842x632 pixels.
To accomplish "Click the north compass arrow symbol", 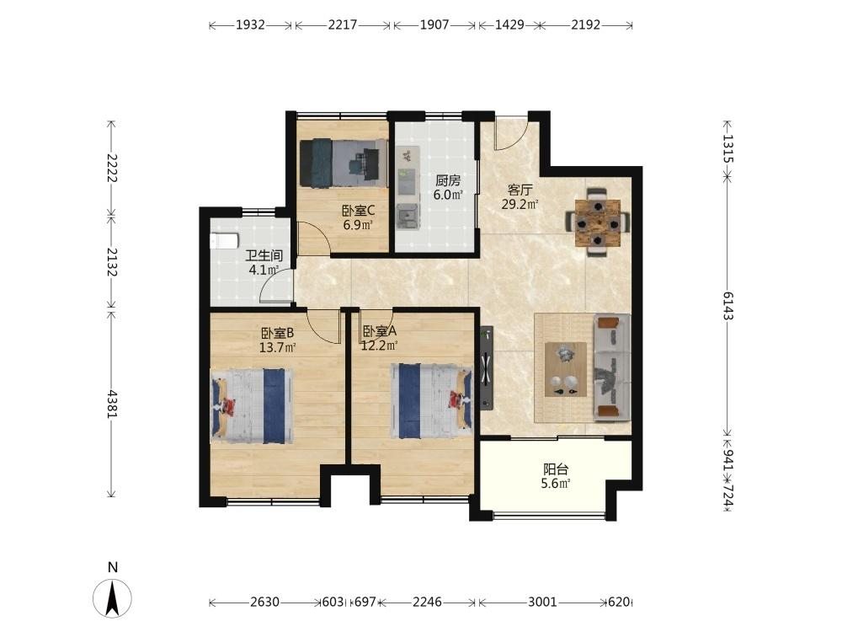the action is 112,598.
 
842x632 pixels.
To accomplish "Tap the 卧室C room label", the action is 358,212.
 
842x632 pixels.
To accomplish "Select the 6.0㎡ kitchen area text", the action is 448,195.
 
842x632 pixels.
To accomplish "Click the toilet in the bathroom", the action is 225,240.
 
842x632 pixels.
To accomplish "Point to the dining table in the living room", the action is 598,222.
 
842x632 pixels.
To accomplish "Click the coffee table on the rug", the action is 566,369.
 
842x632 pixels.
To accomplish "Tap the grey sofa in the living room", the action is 611,367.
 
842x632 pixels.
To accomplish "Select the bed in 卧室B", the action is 253,406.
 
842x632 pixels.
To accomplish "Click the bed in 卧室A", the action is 432,401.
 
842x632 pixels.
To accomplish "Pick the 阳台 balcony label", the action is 555,469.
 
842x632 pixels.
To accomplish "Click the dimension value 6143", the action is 727,306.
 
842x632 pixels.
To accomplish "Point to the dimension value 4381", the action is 112,404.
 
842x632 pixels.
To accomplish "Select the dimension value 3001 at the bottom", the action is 542,602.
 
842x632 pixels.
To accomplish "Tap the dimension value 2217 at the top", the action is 343,24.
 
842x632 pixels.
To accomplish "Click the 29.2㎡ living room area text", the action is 520,204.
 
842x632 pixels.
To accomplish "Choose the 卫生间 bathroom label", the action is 264,256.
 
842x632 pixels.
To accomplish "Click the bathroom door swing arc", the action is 272,278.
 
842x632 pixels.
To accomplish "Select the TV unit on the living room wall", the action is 487,368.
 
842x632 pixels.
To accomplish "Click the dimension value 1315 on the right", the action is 727,148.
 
